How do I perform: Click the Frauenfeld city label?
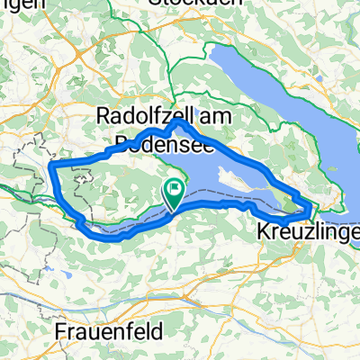[x=111, y=331]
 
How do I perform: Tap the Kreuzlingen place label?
[x=310, y=230]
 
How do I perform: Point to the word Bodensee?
[x=160, y=142]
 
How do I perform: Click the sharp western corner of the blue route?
[x=51, y=167]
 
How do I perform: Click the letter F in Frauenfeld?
[x=61, y=331]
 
